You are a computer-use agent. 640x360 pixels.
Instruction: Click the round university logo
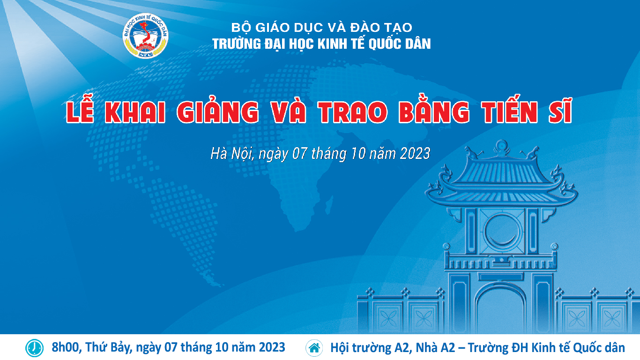point(145,36)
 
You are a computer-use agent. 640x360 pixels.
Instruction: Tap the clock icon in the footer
point(35,348)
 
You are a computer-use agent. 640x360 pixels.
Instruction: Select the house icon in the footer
point(314,348)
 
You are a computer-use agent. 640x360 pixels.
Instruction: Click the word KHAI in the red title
point(135,112)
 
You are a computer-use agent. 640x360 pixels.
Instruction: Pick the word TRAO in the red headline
point(353,112)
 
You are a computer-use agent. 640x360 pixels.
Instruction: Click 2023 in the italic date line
point(415,154)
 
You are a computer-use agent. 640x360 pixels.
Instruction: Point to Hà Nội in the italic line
point(232,154)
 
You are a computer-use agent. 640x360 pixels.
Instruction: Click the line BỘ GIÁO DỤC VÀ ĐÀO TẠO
point(321,28)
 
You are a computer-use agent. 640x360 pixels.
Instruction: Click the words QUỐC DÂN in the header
point(400,44)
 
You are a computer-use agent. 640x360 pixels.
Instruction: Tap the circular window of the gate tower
point(501,231)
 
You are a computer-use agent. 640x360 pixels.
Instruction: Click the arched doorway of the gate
point(501,309)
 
